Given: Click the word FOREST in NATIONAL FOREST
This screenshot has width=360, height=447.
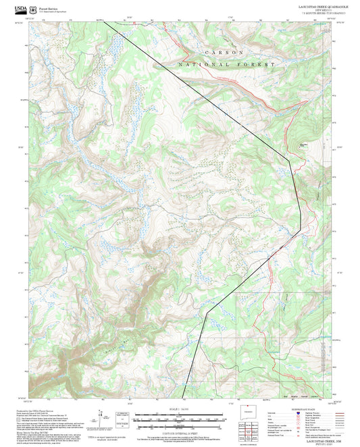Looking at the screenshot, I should pos(259,64).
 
